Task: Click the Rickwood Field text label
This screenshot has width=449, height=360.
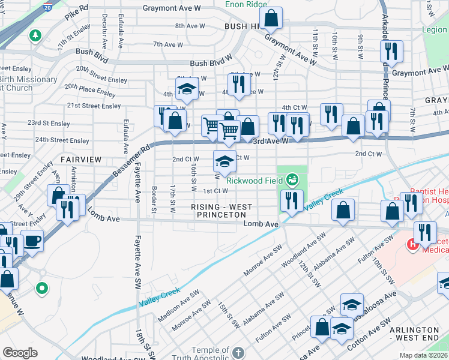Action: (255, 179)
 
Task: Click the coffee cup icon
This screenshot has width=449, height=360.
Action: (32, 241)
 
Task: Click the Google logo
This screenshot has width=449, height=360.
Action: (19, 353)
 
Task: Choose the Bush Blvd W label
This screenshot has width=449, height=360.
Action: (211, 63)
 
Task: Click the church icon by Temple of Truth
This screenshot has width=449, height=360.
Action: (238, 352)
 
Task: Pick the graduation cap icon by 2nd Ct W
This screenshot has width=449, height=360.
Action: (224, 161)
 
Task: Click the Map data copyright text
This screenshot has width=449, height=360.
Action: (424, 355)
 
